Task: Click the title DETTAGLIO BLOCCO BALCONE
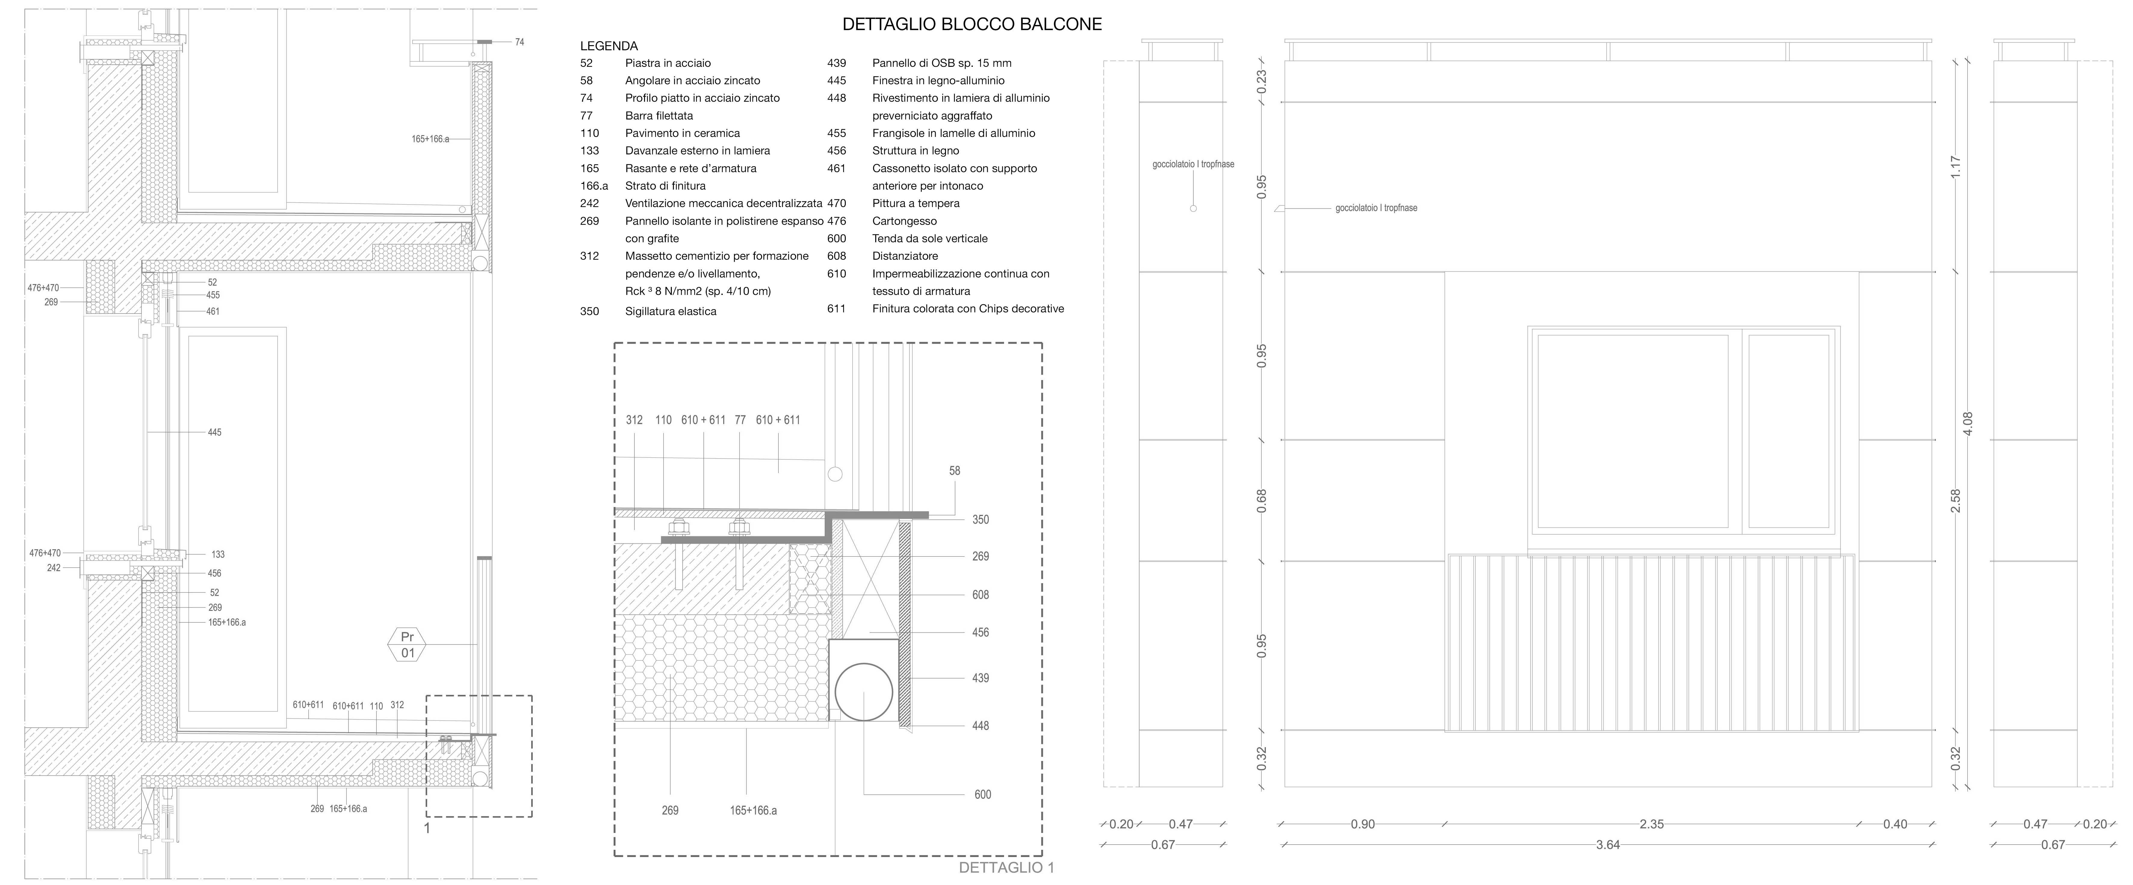pyautogui.click(x=972, y=24)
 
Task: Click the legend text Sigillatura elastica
pyautogui.click(x=671, y=311)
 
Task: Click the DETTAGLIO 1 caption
pyautogui.click(x=1006, y=868)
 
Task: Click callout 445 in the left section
pyautogui.click(x=215, y=432)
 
